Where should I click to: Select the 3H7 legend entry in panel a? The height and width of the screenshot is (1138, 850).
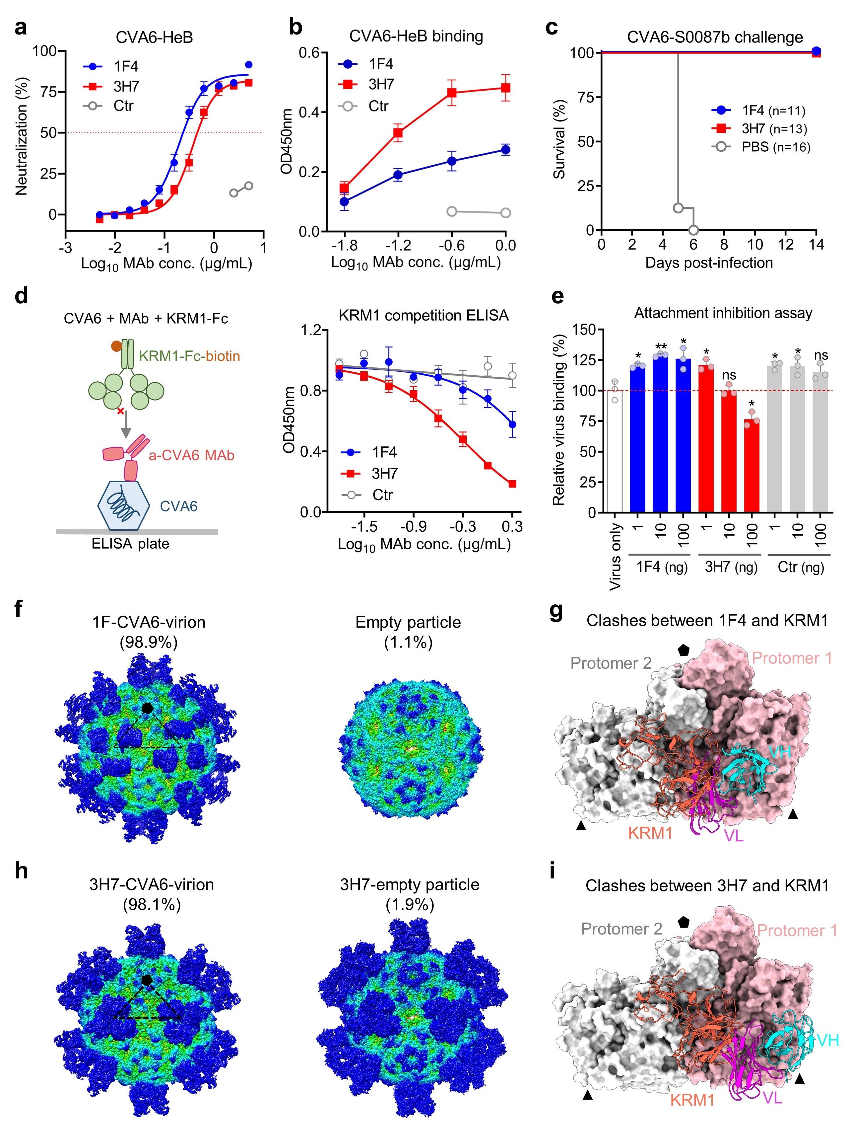(125, 86)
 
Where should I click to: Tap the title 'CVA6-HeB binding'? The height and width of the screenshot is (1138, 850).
(416, 36)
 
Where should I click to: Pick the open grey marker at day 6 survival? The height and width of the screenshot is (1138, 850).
(693, 230)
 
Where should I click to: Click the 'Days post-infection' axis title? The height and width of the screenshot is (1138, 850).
(709, 263)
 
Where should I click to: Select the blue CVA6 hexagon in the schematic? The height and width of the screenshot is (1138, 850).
(123, 506)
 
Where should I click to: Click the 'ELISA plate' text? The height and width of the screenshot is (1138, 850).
(130, 544)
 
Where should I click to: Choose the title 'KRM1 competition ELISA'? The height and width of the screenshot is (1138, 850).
(423, 315)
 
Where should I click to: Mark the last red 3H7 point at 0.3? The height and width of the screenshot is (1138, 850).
(512, 484)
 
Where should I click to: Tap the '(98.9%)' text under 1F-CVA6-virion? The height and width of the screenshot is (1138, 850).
(149, 642)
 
